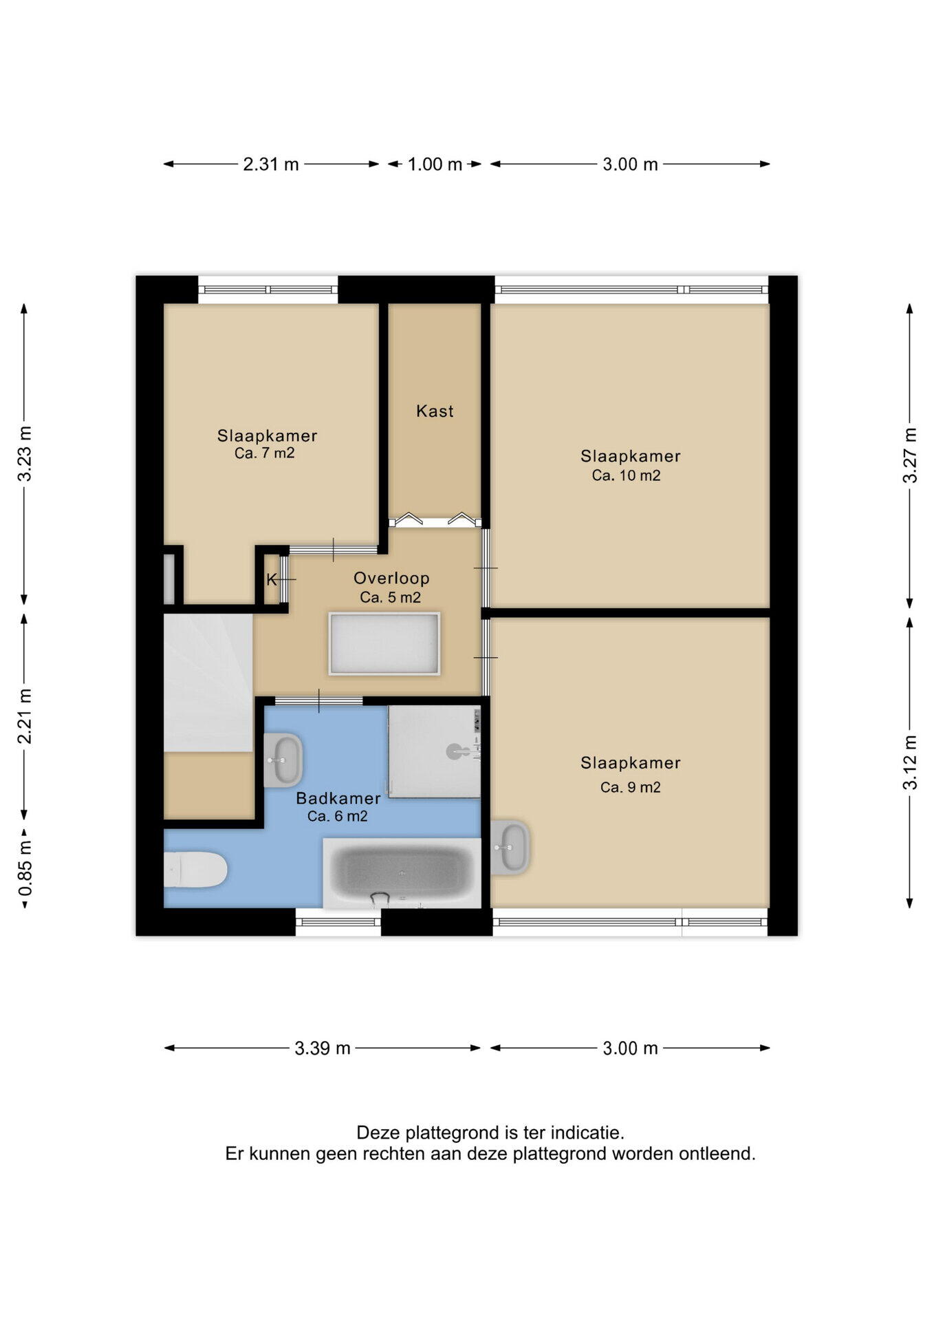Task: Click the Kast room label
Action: click(435, 411)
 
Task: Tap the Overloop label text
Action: click(391, 578)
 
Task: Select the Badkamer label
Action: click(338, 798)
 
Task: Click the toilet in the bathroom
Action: click(195, 870)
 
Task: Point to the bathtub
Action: click(402, 873)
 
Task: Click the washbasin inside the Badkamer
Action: click(283, 760)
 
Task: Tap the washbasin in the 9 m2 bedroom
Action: click(510, 847)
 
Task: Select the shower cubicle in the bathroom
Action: click(435, 751)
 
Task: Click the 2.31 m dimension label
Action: click(271, 164)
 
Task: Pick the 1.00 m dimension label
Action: click(435, 164)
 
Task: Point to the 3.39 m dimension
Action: click(323, 1048)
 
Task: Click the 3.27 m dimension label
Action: click(910, 455)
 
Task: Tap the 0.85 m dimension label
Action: click(25, 868)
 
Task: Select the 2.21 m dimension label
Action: click(25, 716)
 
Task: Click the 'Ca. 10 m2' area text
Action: click(627, 475)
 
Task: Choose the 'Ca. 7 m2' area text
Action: click(265, 453)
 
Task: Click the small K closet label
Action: click(271, 580)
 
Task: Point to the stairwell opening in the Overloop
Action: click(384, 643)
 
